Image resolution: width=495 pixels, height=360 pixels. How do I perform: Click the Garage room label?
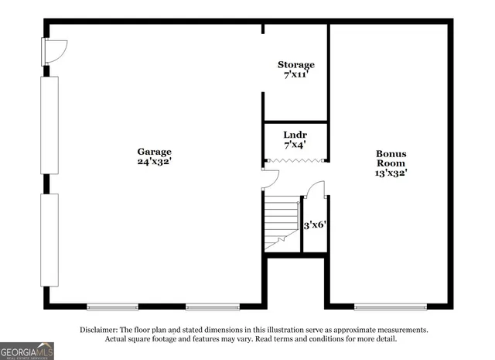point(155,152)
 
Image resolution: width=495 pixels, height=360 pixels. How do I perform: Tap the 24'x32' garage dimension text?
point(155,162)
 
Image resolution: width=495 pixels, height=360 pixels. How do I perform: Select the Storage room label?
point(296,65)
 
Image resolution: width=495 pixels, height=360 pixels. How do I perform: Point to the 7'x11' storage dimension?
point(296,75)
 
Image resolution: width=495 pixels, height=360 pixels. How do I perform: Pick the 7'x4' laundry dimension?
point(295,145)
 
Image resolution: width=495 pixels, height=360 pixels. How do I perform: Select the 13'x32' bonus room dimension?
point(391,173)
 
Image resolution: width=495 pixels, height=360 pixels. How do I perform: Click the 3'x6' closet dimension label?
point(314,225)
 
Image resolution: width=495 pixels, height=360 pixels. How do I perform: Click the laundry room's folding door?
point(295,161)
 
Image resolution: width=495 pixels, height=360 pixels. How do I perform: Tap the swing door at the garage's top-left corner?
point(56,51)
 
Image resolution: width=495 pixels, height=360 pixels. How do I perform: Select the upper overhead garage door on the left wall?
point(49,125)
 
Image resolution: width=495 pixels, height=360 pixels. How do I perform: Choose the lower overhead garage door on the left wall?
point(49,240)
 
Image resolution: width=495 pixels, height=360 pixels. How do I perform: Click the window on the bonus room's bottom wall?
point(391,307)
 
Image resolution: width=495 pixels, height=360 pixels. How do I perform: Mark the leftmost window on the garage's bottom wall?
point(112,307)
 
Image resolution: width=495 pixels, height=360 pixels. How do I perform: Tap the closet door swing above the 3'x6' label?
point(316,190)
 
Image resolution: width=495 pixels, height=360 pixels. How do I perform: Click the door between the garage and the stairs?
point(268,180)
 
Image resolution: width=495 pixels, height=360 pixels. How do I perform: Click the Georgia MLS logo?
point(27,351)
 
